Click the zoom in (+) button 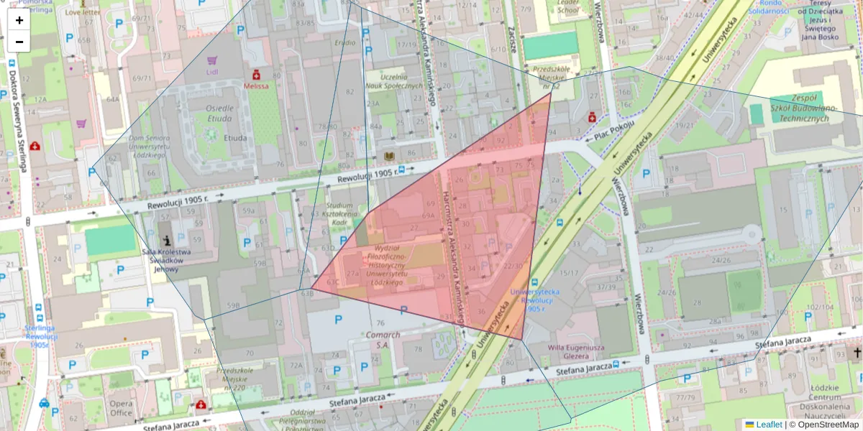point(19,20)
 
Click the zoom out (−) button point(19,42)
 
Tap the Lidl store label point(211,72)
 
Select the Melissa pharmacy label point(255,85)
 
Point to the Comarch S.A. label point(383,339)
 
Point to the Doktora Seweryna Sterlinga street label point(16,119)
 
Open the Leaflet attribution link point(768,425)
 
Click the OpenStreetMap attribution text point(827,425)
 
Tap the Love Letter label point(83,12)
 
